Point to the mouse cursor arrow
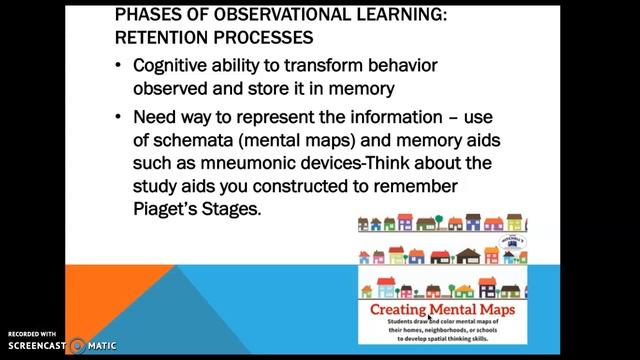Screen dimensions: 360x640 click(431, 318)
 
